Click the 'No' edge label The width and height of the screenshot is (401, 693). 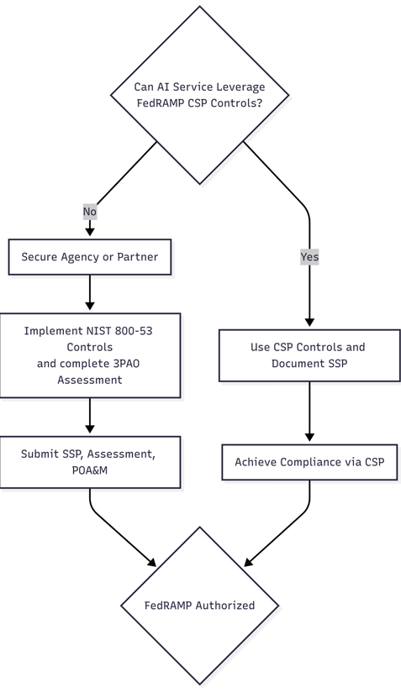coord(90,212)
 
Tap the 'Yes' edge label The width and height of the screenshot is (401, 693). coord(309,257)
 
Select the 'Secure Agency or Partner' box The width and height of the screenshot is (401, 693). coord(90,257)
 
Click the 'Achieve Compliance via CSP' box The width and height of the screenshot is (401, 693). coord(309,462)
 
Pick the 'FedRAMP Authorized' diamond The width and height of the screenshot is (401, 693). coord(200,606)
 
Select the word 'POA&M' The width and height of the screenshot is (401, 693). coord(90,470)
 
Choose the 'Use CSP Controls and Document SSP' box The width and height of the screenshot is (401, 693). coord(309,355)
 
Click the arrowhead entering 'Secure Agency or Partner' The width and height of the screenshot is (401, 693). coord(90,231)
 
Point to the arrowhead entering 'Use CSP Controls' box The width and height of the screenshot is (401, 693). coord(309,322)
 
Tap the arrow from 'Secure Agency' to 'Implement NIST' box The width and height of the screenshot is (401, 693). coord(90,291)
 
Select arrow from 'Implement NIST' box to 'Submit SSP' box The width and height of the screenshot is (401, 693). coord(90,415)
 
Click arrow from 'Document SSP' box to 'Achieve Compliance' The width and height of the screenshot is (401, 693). coord(309,411)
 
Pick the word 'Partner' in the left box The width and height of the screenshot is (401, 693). coord(137,257)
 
